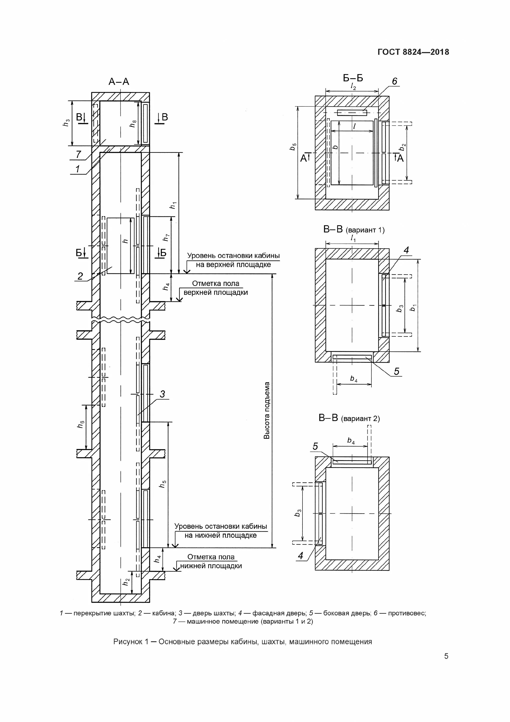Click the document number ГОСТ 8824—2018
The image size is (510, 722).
(x=413, y=52)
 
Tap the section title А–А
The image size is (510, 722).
(x=119, y=82)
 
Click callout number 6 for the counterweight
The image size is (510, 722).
(x=394, y=81)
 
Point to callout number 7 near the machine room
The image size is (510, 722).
(x=78, y=155)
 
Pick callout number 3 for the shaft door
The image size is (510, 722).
(x=163, y=394)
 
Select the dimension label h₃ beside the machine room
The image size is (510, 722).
(x=66, y=123)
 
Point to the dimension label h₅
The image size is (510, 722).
(x=163, y=484)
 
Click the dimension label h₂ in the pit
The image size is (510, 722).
(x=126, y=582)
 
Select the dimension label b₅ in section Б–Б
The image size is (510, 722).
(x=293, y=147)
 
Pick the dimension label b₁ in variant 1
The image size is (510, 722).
(x=413, y=308)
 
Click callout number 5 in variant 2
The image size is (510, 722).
(x=315, y=446)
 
